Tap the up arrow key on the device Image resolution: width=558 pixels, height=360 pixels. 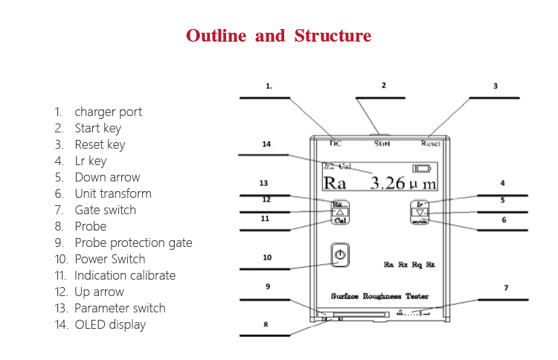[339, 211]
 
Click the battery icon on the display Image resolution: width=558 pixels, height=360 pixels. [422, 168]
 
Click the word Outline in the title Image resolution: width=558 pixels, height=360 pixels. [216, 36]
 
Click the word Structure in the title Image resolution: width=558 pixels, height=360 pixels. [333, 36]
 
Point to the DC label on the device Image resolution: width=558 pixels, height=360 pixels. [336, 143]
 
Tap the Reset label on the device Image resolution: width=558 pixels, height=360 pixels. [431, 143]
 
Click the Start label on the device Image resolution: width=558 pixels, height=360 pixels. [382, 143]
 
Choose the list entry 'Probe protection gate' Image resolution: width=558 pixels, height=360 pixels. [133, 242]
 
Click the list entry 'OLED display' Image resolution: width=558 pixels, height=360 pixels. [110, 324]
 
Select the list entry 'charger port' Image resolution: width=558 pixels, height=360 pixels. [108, 112]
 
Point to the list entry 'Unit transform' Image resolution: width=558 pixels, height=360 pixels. [112, 193]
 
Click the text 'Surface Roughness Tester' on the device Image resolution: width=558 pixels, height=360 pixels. [379, 296]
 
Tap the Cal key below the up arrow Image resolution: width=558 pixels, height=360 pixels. [339, 221]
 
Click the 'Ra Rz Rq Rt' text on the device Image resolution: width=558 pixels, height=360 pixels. [409, 265]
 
